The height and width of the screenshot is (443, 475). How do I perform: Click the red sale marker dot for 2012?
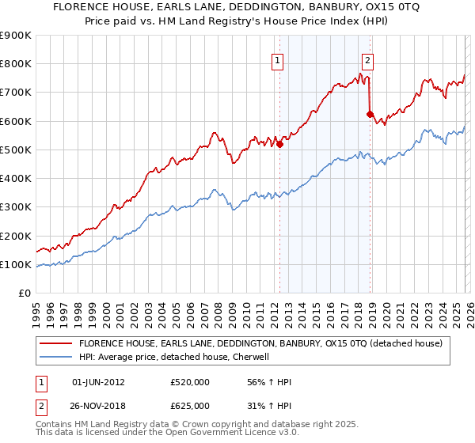[x=279, y=144]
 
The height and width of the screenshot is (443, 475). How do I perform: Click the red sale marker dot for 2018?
[x=370, y=114]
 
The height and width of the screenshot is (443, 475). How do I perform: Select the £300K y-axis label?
[x=16, y=207]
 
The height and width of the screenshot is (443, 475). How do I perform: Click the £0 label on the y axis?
[x=24, y=293]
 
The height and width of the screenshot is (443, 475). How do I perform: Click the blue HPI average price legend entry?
[x=174, y=357]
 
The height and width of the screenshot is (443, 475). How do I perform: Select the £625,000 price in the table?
[x=189, y=405]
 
